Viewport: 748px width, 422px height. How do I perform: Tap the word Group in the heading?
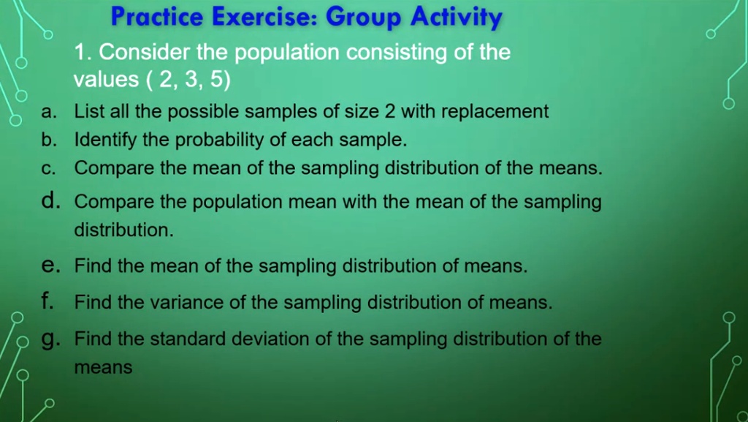(366, 17)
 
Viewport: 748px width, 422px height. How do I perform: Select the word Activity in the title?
(457, 17)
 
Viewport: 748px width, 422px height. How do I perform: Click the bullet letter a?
(47, 113)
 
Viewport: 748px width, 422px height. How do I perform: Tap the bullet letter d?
(49, 200)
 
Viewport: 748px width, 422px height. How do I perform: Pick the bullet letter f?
(47, 301)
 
